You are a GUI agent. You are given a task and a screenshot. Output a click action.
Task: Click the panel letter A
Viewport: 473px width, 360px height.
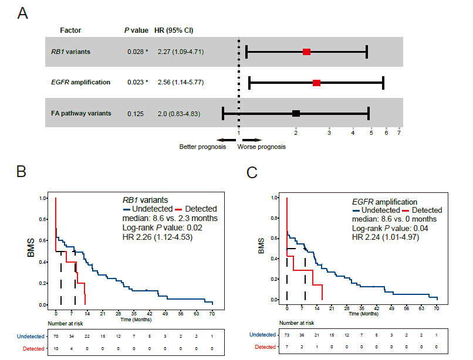[x=23, y=13]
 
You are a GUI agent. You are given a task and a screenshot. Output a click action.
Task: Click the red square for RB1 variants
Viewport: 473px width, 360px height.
[x=306, y=52]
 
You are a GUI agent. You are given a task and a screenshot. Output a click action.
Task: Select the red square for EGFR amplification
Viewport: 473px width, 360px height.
[x=317, y=83]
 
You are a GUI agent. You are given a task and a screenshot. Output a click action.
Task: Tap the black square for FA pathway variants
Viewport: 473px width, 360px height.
[x=296, y=113]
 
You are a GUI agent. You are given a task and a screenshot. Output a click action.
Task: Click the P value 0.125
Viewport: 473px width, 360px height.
[x=136, y=113]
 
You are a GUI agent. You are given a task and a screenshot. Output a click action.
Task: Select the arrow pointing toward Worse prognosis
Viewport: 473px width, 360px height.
[x=251, y=140]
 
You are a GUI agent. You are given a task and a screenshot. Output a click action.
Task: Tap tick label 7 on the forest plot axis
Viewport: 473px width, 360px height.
[x=399, y=133]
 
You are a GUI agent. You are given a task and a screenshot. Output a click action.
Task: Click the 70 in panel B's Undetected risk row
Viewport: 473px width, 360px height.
[x=56, y=336]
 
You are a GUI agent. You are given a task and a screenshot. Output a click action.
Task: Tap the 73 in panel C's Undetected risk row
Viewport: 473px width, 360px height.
[x=287, y=334]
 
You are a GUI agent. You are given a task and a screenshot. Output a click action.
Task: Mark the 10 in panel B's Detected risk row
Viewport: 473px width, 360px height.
[x=56, y=349]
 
